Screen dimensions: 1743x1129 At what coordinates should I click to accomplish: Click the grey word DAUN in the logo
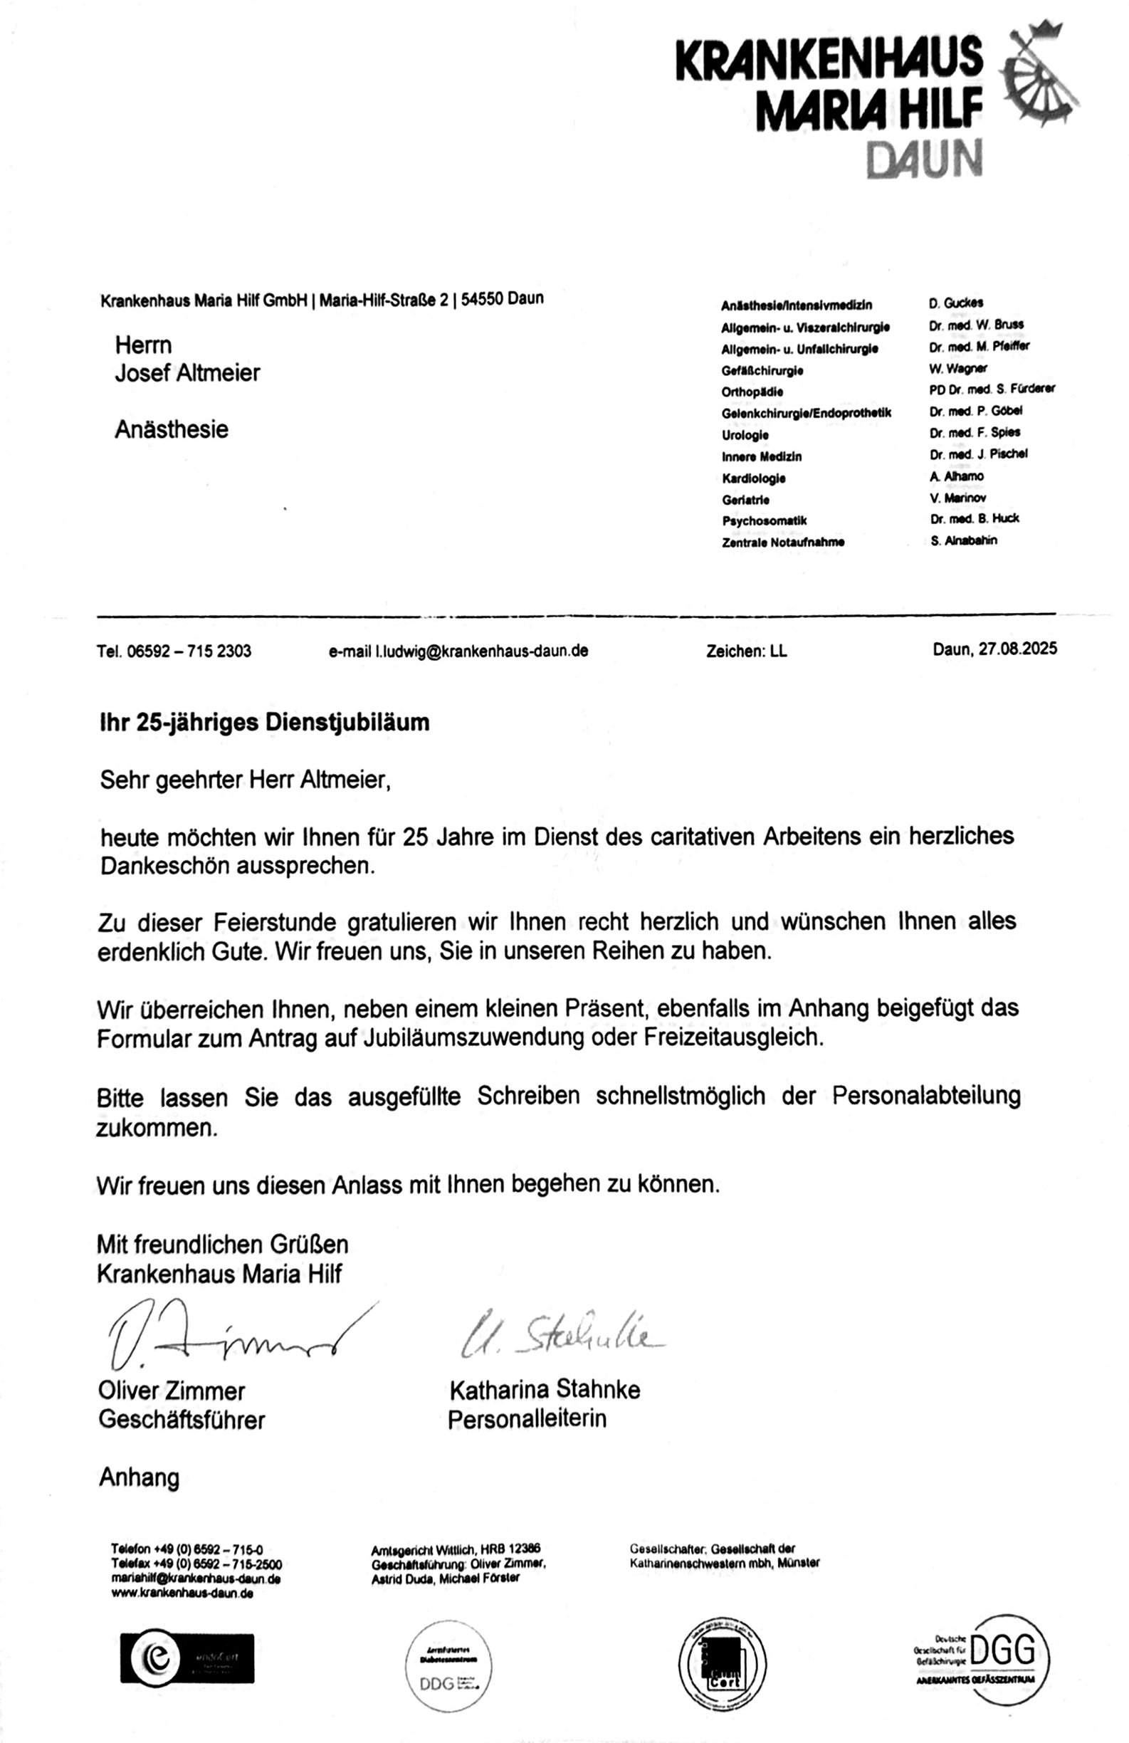point(923,159)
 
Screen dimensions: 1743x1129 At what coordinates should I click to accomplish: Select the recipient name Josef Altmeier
point(187,373)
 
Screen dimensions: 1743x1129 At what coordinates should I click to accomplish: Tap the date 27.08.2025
point(1017,649)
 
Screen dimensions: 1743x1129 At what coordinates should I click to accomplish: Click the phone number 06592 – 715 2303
point(189,651)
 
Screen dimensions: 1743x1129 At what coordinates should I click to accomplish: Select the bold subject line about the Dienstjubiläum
point(264,722)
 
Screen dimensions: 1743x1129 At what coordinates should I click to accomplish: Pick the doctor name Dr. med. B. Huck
point(974,518)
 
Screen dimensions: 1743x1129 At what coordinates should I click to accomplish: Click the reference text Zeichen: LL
point(746,651)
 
